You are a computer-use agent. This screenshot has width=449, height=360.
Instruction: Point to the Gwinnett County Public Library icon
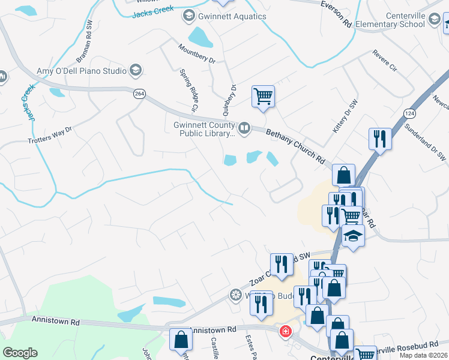coord(244,127)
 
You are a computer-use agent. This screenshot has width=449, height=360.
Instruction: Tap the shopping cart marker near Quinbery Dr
coord(263,96)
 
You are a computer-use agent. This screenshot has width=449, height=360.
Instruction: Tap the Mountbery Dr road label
coord(196,53)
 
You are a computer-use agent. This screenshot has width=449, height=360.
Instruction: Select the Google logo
coord(20,353)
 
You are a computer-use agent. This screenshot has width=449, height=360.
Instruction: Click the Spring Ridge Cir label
coord(188,91)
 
